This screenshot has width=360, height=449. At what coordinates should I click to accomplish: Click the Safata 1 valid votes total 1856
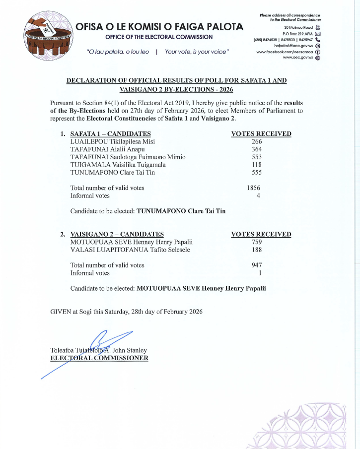253,188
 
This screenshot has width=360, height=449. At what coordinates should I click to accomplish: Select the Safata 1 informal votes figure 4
259,196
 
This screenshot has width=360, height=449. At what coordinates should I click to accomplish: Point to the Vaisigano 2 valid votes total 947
257,265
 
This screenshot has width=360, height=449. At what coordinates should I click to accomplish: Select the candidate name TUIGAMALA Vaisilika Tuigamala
118,165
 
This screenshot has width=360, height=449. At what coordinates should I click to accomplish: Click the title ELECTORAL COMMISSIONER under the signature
99,358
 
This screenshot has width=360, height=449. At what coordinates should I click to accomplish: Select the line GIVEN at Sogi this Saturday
127,312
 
